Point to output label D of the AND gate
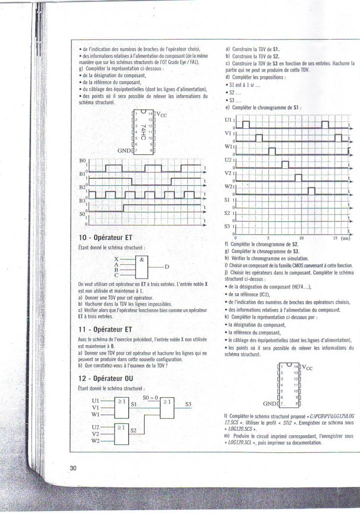pos(167,266)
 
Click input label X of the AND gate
pos(116,259)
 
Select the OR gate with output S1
pos(122,408)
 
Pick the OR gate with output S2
pos(122,433)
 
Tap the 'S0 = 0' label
pos(150,397)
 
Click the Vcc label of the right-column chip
pos(306,368)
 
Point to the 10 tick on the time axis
pos(301,238)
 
